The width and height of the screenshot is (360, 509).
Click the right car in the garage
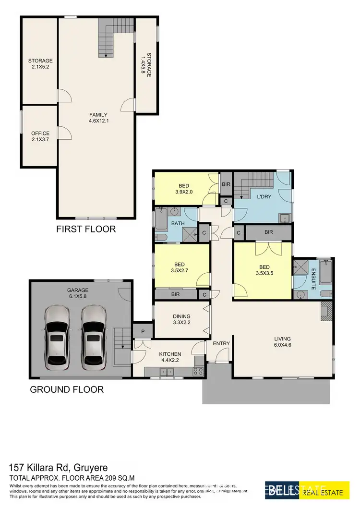(x=94, y=338)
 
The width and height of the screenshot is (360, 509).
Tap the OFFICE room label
(x=40, y=136)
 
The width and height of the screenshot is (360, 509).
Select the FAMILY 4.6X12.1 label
(x=98, y=118)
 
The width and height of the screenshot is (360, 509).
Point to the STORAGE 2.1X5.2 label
(x=40, y=64)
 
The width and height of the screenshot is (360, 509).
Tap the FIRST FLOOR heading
(x=86, y=229)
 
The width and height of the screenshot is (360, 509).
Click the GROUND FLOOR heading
(x=67, y=389)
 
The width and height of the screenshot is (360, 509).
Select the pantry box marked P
(x=143, y=330)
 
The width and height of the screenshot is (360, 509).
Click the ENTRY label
(x=221, y=343)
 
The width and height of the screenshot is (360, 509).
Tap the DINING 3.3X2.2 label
(x=182, y=319)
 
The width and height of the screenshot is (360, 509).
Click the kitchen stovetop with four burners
(x=198, y=371)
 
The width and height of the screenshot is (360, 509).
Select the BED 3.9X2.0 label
(x=184, y=189)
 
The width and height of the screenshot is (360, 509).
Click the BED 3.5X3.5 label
(x=264, y=270)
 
